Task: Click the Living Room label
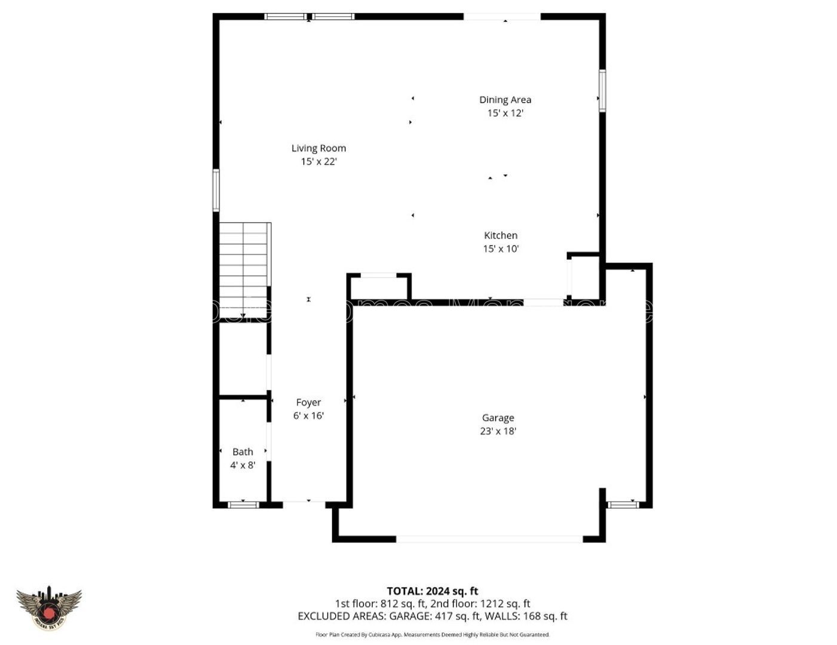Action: [x=318, y=148]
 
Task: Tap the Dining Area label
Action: [x=505, y=100]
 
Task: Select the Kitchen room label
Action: [x=501, y=235]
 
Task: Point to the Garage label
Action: [x=498, y=418]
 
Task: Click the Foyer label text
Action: [x=308, y=403]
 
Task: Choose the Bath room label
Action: [x=243, y=451]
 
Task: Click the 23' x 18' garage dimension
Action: [x=498, y=431]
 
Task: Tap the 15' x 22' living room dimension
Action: [x=318, y=161]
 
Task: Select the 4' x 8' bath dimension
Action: [x=243, y=465]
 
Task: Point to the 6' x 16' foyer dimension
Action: [x=308, y=416]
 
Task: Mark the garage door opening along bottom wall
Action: [x=489, y=539]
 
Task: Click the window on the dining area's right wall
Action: [x=602, y=91]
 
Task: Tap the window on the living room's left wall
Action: [x=216, y=190]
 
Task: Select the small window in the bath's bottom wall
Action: [x=244, y=505]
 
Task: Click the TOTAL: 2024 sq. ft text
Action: [x=433, y=591]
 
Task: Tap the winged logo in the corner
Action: [x=48, y=609]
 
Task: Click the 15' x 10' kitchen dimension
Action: [x=501, y=249]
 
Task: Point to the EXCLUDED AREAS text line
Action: [x=433, y=616]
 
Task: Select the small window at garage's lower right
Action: [x=623, y=505]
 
